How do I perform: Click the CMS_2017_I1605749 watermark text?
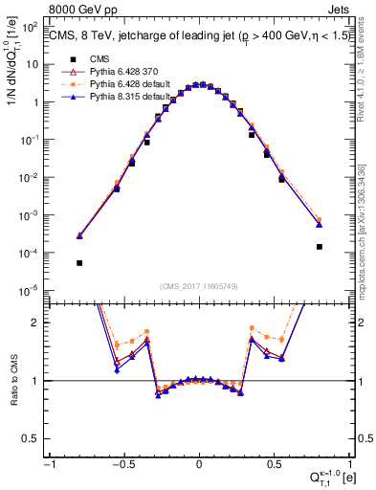tap(198, 285)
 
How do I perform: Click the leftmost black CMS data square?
tap(79, 262)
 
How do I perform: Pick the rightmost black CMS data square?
tap(319, 247)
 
